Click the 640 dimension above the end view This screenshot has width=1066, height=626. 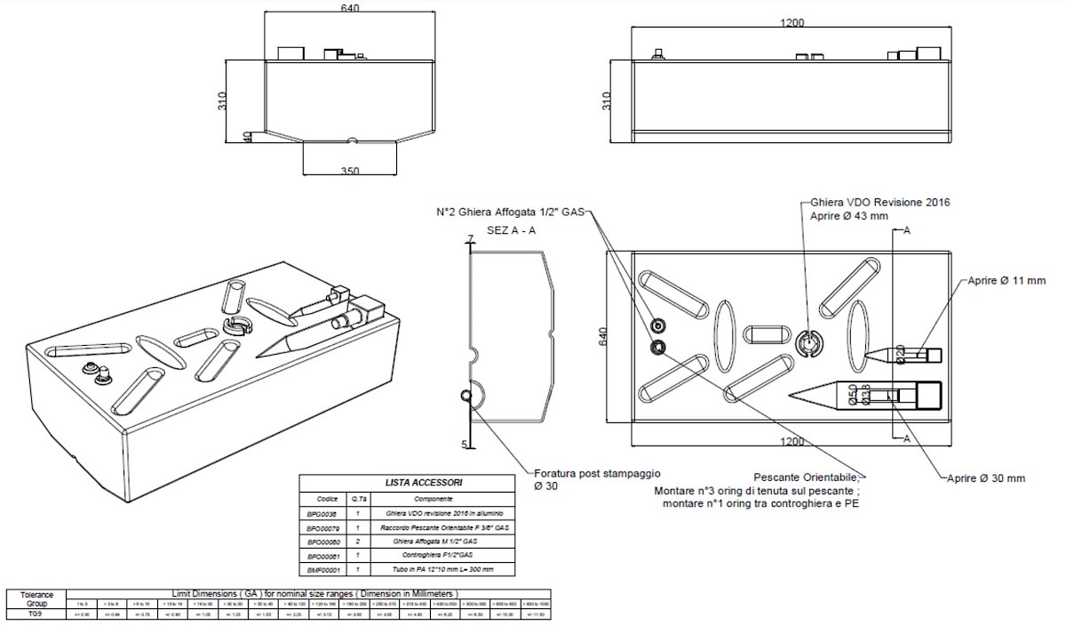coord(349,9)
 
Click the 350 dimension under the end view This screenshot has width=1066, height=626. coord(349,172)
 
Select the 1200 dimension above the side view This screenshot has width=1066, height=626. coord(792,22)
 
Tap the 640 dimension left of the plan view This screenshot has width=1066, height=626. coord(603,337)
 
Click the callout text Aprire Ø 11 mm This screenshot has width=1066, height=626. coord(1006,281)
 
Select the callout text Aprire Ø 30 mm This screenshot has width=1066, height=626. coord(984,478)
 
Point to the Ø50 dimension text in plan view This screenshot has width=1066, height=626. coord(854,394)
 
